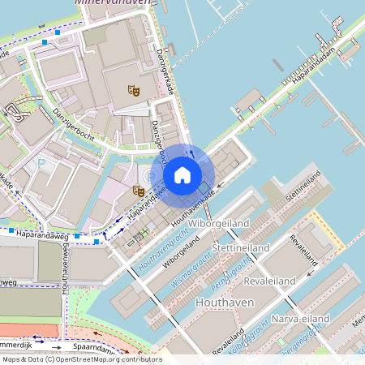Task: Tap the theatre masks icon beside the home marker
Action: pyautogui.click(x=139, y=191)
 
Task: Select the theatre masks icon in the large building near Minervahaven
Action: pyautogui.click(x=134, y=91)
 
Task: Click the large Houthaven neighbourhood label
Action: pyautogui.click(x=225, y=302)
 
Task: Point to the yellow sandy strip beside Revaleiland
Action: pyautogui.click(x=328, y=236)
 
